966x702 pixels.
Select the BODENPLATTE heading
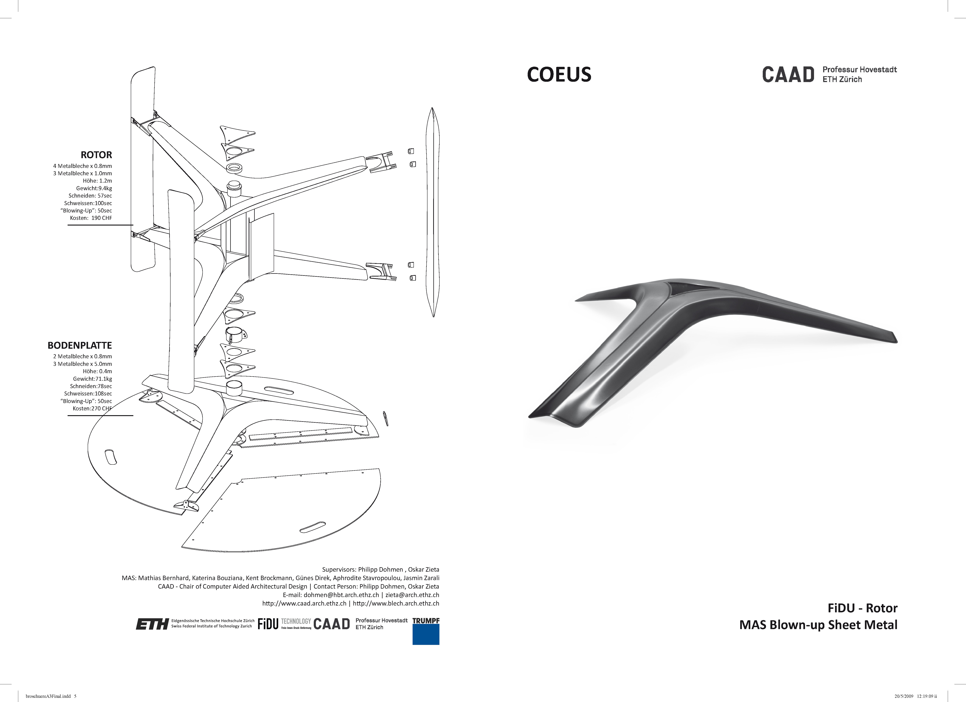80,345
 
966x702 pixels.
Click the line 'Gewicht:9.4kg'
94,188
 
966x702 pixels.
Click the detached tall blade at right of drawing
433,213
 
